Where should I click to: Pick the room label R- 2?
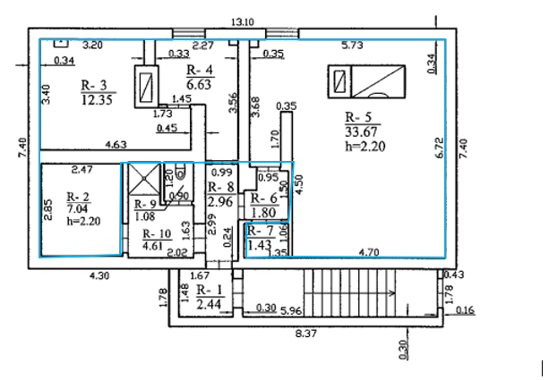coord(79,196)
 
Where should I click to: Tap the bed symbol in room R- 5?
coord(363,81)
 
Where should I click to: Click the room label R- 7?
coord(259,231)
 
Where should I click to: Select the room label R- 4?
coord(198,70)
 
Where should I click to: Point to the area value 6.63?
coord(198,83)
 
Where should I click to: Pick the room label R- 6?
coord(263,199)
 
